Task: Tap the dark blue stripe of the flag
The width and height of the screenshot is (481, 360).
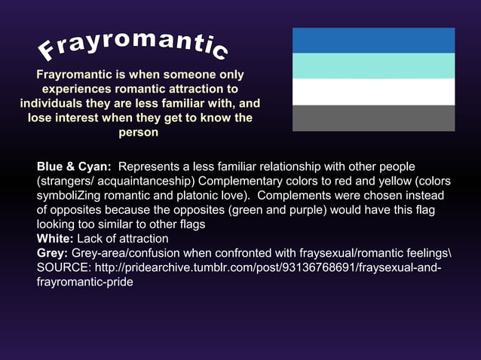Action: tap(373, 40)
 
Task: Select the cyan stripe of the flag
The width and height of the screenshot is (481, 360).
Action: tap(373, 66)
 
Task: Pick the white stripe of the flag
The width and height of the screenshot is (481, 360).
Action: tap(373, 92)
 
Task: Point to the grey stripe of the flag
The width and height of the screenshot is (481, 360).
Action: tap(373, 118)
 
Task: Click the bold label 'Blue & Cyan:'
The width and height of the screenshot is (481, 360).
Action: tap(74, 166)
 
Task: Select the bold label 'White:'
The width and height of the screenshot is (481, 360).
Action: tap(54, 239)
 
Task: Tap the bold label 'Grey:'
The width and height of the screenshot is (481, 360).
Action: tap(52, 253)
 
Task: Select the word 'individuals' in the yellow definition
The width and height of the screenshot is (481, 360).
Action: tap(53, 103)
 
